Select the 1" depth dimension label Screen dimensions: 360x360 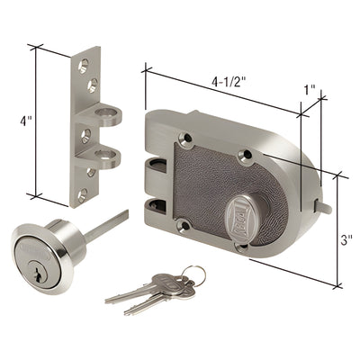tap(310, 91)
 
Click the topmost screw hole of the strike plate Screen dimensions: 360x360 tap(83, 65)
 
